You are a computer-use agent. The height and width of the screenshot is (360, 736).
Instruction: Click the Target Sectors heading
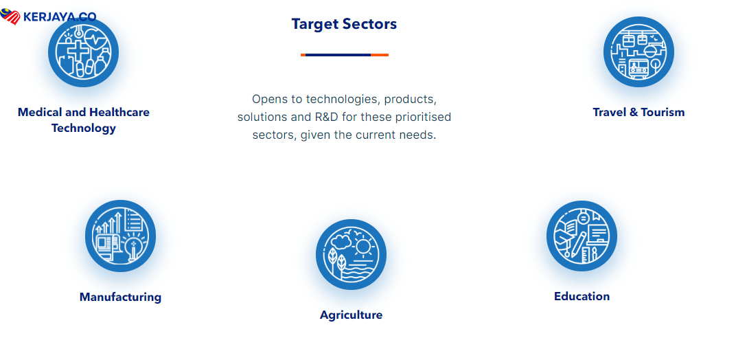344,24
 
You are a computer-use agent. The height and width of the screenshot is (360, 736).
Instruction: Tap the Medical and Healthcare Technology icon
84,52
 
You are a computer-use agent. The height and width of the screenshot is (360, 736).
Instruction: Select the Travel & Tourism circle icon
639,52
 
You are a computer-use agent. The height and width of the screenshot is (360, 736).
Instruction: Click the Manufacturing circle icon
120,236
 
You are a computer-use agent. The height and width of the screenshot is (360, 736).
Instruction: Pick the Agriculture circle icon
351,254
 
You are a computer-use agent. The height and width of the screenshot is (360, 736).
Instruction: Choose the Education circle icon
582,236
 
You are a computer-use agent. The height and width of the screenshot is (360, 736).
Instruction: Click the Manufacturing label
120,297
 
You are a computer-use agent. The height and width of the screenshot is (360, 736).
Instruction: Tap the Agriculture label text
351,315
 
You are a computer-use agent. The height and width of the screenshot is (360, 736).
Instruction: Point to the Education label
582,297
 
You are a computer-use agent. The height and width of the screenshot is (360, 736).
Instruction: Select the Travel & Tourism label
639,112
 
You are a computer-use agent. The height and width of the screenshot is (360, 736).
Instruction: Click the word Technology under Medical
84,128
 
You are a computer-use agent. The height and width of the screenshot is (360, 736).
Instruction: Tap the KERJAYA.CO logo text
60,17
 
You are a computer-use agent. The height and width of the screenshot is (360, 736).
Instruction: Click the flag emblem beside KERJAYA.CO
10,17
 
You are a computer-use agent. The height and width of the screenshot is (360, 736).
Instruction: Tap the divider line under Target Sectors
345,55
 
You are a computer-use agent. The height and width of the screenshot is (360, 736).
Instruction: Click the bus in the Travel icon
639,68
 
